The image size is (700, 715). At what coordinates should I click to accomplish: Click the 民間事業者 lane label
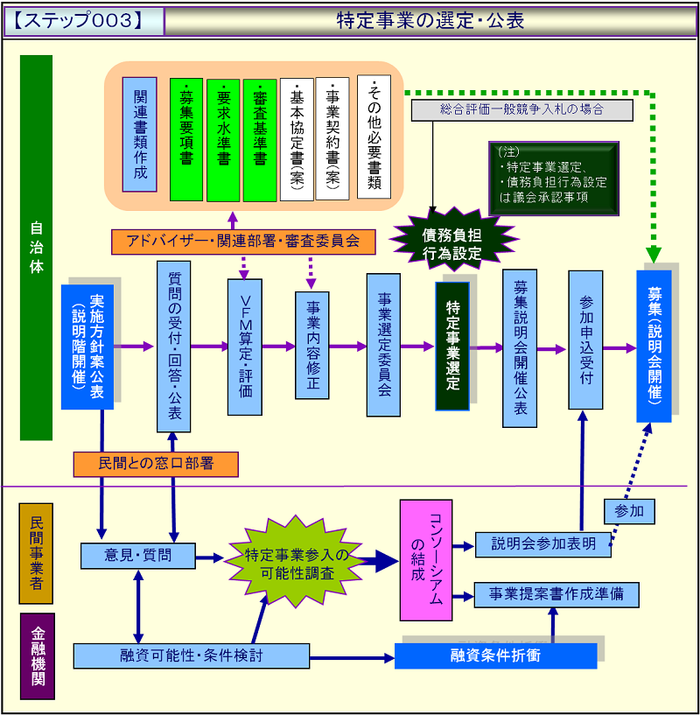point(36,553)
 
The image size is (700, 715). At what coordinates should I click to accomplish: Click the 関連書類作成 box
point(140,135)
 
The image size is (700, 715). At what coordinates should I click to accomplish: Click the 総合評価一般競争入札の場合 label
point(522,110)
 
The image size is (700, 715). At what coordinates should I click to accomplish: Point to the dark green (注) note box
point(553,178)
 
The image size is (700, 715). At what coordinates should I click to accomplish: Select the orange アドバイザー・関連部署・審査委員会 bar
point(242,241)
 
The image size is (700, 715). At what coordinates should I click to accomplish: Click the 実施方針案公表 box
point(87,347)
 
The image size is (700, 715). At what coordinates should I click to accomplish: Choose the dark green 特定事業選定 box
point(452,346)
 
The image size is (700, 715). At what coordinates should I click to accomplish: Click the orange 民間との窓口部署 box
point(157,464)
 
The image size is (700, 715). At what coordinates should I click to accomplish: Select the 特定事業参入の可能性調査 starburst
point(296,563)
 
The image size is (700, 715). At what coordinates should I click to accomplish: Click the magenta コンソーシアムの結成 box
point(425,560)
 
